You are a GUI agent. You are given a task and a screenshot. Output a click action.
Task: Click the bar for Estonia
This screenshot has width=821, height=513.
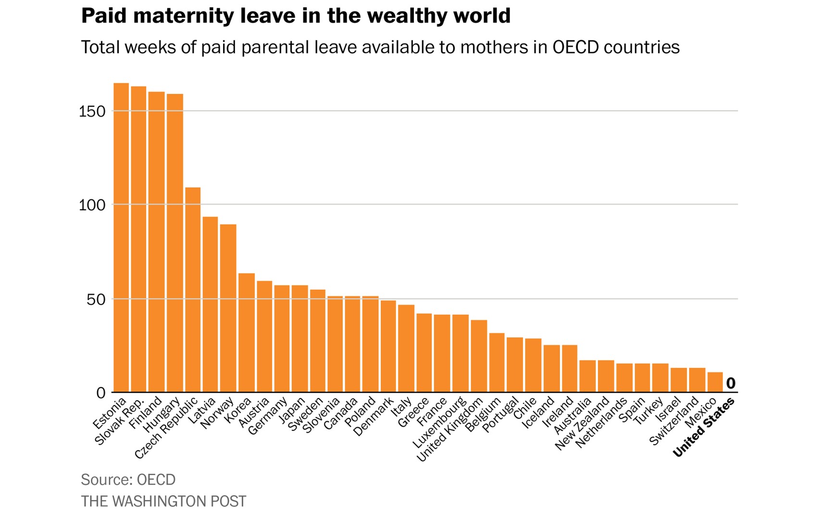click(121, 238)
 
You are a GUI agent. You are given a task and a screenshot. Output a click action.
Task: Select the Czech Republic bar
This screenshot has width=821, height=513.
click(193, 290)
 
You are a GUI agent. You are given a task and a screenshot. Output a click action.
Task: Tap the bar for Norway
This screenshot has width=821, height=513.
click(228, 308)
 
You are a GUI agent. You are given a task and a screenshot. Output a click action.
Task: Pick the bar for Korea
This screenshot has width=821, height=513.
click(247, 333)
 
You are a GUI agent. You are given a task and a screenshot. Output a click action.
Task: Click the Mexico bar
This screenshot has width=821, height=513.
click(715, 382)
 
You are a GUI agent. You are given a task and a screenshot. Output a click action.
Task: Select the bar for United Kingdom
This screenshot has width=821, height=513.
click(479, 356)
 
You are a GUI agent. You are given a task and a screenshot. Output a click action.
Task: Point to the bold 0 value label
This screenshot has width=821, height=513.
click(731, 384)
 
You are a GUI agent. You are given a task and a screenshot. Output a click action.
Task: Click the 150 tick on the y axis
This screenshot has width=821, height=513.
click(92, 111)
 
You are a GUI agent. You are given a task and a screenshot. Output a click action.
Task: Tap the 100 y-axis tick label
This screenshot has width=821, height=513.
click(92, 205)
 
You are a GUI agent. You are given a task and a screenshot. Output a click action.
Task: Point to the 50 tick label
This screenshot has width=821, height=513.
click(96, 299)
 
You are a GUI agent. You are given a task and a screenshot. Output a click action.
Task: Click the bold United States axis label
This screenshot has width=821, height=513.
click(703, 428)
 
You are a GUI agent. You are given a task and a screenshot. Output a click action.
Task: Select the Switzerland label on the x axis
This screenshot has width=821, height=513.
click(673, 422)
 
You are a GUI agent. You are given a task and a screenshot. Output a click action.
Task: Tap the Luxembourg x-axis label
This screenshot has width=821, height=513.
click(439, 423)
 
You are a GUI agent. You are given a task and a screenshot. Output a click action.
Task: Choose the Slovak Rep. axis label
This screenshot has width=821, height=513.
click(119, 422)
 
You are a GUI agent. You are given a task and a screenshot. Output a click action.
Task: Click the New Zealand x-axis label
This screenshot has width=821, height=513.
click(581, 424)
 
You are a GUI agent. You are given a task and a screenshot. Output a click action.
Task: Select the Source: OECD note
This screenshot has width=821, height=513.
click(128, 479)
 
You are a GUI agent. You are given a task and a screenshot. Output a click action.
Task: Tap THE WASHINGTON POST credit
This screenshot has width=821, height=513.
click(163, 501)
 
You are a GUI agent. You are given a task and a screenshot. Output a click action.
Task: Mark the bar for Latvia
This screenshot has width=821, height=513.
click(210, 304)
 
